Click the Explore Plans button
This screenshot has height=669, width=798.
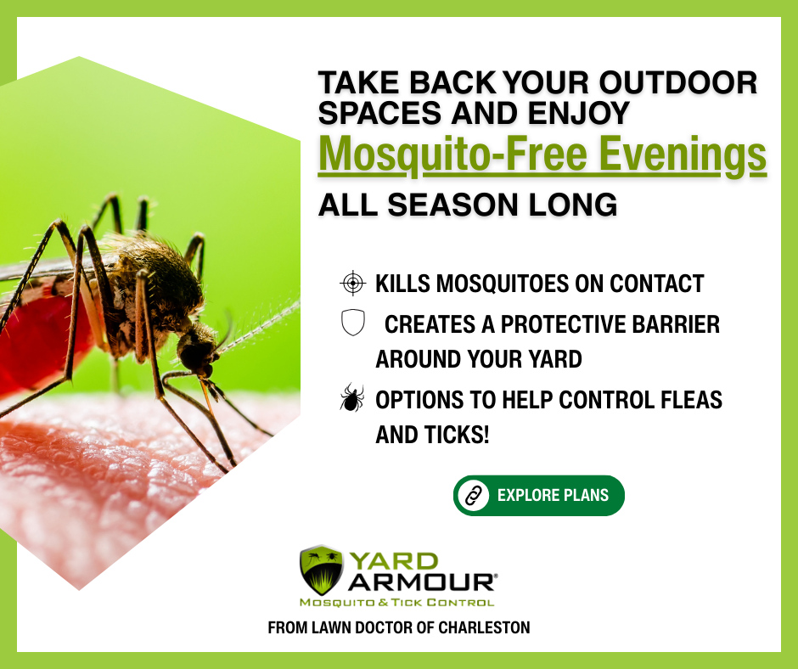(x=538, y=496)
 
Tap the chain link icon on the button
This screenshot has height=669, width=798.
(x=474, y=496)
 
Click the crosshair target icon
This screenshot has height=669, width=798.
(x=352, y=284)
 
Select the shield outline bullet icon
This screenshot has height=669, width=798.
(x=352, y=323)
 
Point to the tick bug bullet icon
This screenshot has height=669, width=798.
(x=352, y=397)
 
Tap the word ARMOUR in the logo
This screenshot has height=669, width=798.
(x=421, y=582)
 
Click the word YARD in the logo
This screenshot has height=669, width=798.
(x=394, y=561)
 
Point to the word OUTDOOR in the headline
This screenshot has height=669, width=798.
(x=678, y=82)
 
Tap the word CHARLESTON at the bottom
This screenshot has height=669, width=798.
(x=484, y=627)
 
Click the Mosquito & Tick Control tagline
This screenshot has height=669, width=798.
(x=397, y=603)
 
